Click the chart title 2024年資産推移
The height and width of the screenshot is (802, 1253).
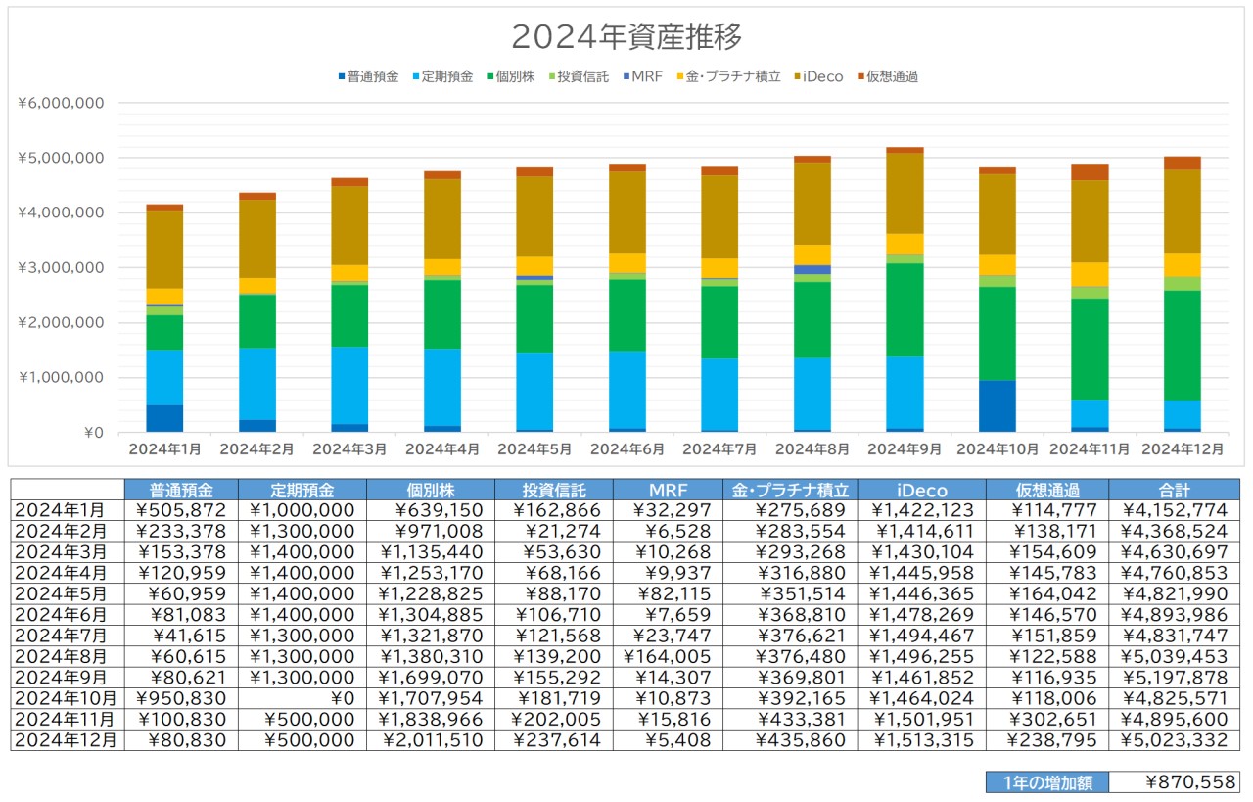pyautogui.click(x=626, y=37)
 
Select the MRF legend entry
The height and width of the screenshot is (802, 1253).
pyautogui.click(x=647, y=76)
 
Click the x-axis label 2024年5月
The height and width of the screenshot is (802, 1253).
pyautogui.click(x=534, y=449)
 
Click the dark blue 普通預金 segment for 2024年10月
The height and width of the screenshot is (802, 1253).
pyautogui.click(x=997, y=405)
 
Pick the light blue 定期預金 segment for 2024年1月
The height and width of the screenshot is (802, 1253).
pyautogui.click(x=164, y=377)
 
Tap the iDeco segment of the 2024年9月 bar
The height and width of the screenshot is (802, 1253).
pyautogui.click(x=905, y=193)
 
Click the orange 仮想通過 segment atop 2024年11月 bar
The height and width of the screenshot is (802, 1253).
pyautogui.click(x=1090, y=172)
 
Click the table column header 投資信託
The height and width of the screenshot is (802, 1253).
pyautogui.click(x=554, y=490)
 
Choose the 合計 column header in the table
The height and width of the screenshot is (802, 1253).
pyautogui.click(x=1174, y=490)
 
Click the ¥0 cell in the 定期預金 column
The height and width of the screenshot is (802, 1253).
pyautogui.click(x=302, y=697)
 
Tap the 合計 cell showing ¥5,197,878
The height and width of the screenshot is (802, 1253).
pyautogui.click(x=1174, y=676)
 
